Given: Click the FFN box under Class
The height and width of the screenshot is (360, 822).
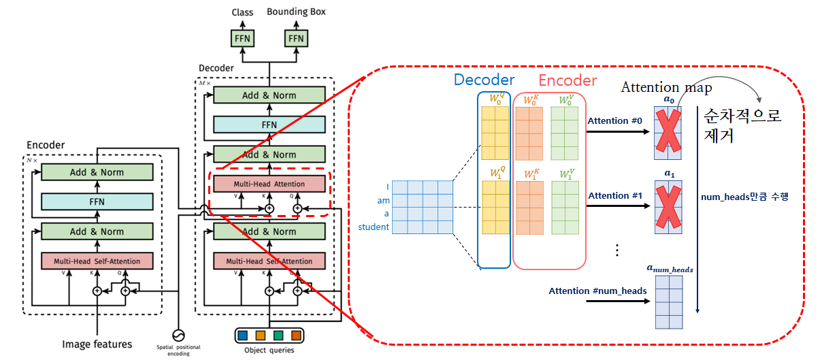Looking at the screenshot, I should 242,39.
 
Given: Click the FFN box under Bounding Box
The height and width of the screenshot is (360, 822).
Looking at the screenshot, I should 296,39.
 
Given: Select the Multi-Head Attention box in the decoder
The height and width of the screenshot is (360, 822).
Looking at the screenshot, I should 269,184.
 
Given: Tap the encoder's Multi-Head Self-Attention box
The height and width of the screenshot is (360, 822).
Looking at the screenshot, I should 97,261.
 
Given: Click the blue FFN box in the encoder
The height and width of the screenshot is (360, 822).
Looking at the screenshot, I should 97,201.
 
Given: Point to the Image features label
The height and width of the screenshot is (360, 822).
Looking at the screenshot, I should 97,344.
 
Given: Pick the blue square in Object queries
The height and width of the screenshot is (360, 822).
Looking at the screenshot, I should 243,336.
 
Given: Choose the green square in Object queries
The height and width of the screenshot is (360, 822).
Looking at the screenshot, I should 278,336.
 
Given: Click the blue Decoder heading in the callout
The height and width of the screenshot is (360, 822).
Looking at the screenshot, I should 484,80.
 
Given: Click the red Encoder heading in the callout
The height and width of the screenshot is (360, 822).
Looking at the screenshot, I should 568,80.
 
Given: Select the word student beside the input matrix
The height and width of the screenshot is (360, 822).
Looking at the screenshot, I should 374,227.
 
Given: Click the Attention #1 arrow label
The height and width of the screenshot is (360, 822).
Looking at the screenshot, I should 615,196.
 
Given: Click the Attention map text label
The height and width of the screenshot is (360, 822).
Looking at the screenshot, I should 666,87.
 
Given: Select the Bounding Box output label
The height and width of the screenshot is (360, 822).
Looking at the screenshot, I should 296,12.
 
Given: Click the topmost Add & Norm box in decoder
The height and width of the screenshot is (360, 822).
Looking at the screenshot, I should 269,95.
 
